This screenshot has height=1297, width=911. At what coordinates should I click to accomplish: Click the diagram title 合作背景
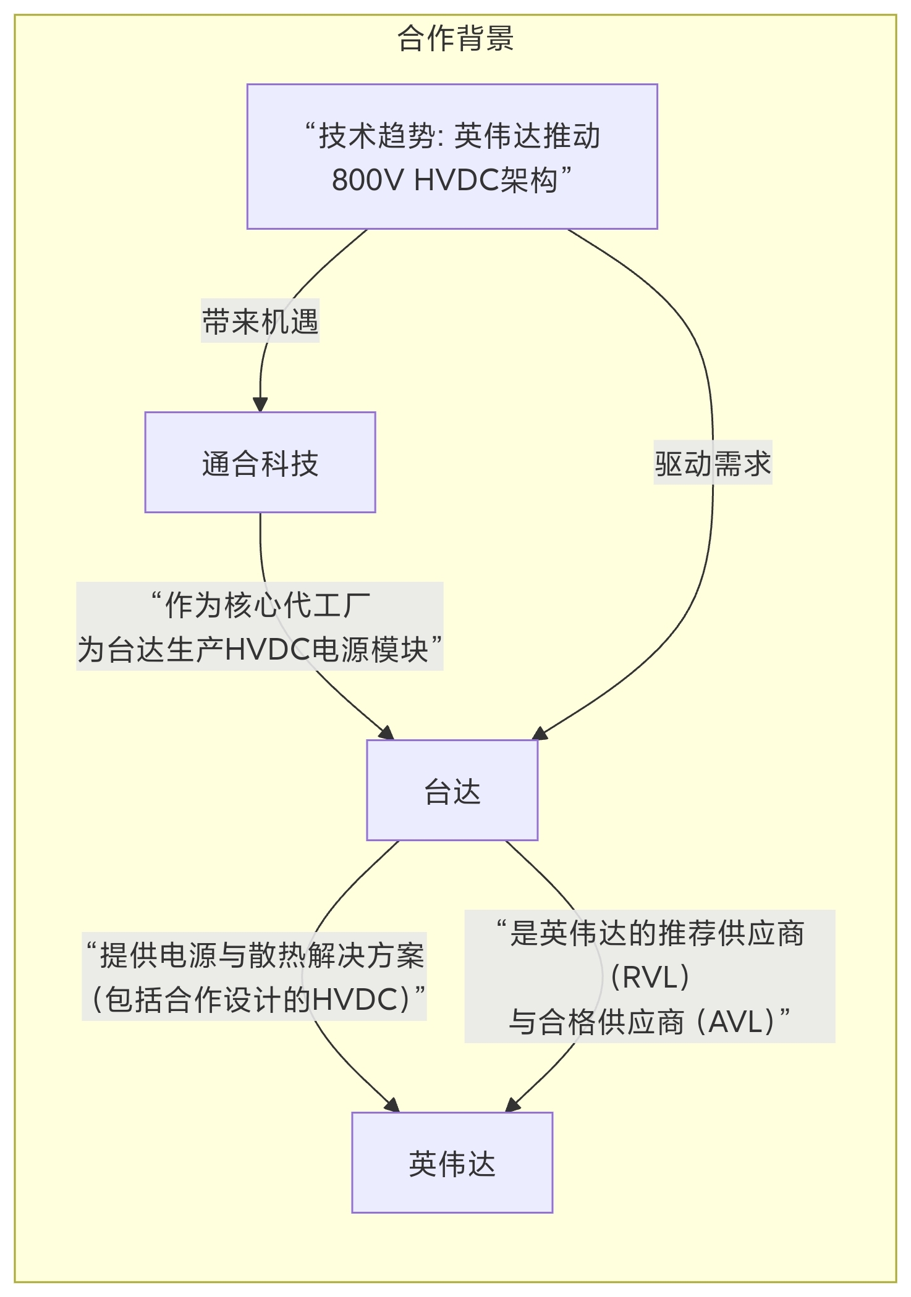point(455,38)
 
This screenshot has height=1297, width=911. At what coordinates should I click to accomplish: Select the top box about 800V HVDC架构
point(452,156)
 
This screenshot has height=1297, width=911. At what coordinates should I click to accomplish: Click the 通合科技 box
point(260,462)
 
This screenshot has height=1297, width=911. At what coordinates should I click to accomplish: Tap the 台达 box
point(452,790)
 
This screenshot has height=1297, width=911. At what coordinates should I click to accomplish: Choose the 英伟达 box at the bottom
point(452,1162)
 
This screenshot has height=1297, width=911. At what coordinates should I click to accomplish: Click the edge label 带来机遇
point(260,321)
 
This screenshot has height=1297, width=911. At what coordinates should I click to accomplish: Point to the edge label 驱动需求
point(713,463)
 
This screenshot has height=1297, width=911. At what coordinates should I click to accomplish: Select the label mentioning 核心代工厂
point(260,626)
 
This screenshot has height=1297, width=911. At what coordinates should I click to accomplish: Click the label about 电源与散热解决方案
point(255,976)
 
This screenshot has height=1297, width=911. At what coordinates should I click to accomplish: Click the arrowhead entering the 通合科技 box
point(260,404)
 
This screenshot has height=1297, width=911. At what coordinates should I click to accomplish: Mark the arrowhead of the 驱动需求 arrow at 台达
point(540,734)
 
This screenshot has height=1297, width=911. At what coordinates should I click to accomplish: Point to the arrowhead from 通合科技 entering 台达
point(387,733)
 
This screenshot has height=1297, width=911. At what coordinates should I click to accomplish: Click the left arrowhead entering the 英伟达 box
point(392,1106)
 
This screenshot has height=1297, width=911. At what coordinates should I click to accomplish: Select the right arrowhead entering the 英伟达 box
point(513,1106)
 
